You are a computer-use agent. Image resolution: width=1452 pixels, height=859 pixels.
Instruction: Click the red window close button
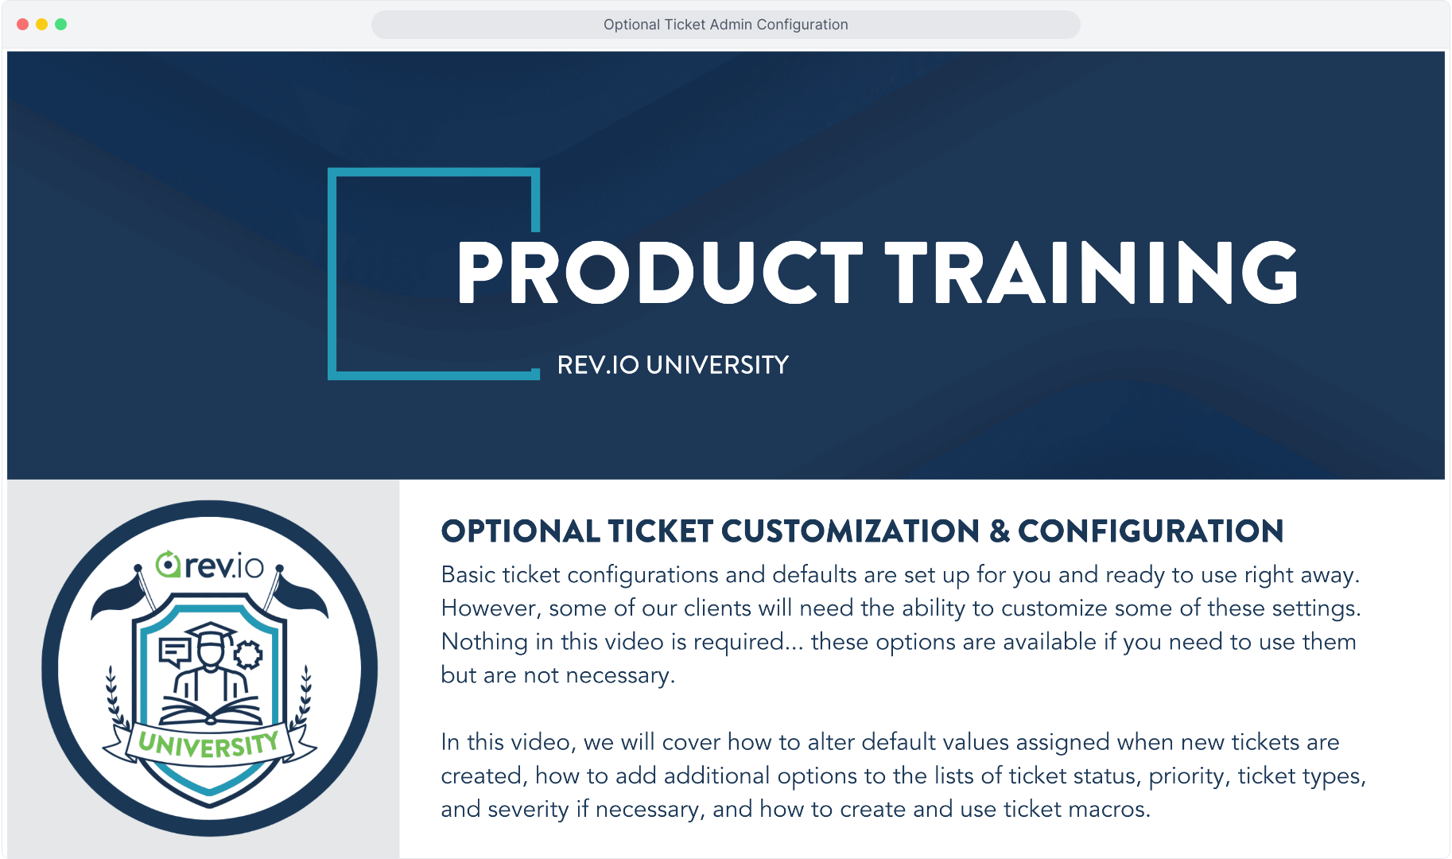pyautogui.click(x=23, y=25)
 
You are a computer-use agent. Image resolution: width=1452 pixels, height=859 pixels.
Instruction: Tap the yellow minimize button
pyautogui.click(x=42, y=25)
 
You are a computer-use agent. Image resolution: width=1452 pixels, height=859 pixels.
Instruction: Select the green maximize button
pyautogui.click(x=61, y=25)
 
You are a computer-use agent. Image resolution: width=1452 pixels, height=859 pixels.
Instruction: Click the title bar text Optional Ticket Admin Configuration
pyautogui.click(x=725, y=25)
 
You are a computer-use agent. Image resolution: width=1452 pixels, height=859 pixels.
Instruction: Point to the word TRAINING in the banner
pyautogui.click(x=1092, y=273)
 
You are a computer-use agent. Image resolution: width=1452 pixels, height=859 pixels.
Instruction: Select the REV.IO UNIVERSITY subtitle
pyautogui.click(x=673, y=365)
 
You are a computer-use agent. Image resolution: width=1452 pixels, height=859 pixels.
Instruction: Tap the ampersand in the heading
pyautogui.click(x=1000, y=531)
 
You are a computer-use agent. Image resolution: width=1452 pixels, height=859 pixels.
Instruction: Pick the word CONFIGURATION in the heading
pyautogui.click(x=1151, y=531)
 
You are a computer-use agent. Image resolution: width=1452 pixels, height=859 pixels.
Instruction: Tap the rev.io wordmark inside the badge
pyautogui.click(x=210, y=565)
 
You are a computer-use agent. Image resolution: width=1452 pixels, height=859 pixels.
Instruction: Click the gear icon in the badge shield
pyautogui.click(x=248, y=655)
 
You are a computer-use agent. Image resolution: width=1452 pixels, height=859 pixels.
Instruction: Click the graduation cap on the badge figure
pyautogui.click(x=210, y=632)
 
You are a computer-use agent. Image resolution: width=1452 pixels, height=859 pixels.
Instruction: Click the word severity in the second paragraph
pyautogui.click(x=528, y=810)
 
